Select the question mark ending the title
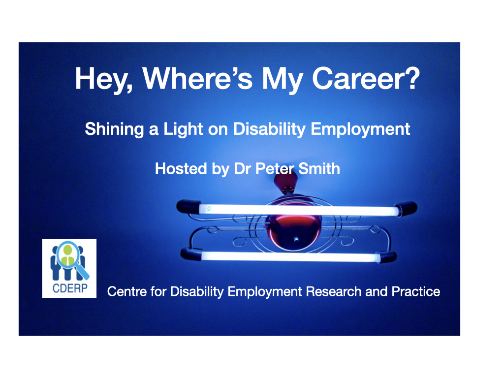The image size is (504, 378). [x=412, y=78]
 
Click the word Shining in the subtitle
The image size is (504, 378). [x=114, y=129]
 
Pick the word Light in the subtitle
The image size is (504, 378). [x=183, y=129]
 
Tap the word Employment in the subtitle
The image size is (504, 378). [x=360, y=129]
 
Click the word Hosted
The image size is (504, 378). [x=181, y=169]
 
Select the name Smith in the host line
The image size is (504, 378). [x=319, y=169]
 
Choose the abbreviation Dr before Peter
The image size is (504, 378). [x=243, y=169]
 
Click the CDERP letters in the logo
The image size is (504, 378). [x=70, y=288]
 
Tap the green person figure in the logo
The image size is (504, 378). [x=67, y=256]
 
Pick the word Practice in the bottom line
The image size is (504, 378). [x=416, y=291]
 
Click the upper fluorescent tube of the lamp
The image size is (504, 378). [x=299, y=210]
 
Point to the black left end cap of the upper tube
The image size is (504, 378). [x=189, y=206]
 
